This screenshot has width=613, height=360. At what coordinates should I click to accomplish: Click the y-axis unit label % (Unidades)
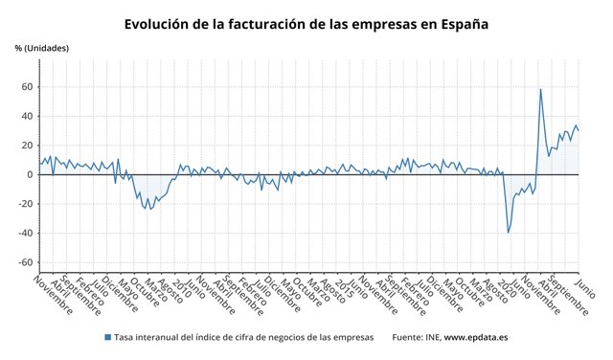click(41, 48)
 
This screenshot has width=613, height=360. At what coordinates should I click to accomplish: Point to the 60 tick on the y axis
click(26, 87)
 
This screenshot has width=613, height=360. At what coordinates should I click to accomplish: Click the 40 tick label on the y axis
click(26, 117)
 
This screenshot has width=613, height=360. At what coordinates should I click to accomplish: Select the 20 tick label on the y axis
click(26, 146)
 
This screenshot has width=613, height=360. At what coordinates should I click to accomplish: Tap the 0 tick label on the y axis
click(29, 175)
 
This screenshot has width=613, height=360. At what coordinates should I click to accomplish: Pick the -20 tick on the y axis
click(24, 204)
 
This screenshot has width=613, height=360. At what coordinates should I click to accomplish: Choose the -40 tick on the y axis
click(24, 234)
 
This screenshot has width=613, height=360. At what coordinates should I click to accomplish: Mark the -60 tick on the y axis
click(24, 262)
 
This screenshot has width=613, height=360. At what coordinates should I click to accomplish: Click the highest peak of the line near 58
click(540, 90)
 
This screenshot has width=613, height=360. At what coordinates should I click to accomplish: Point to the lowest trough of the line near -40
click(508, 232)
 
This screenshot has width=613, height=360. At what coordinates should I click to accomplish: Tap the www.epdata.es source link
click(477, 337)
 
